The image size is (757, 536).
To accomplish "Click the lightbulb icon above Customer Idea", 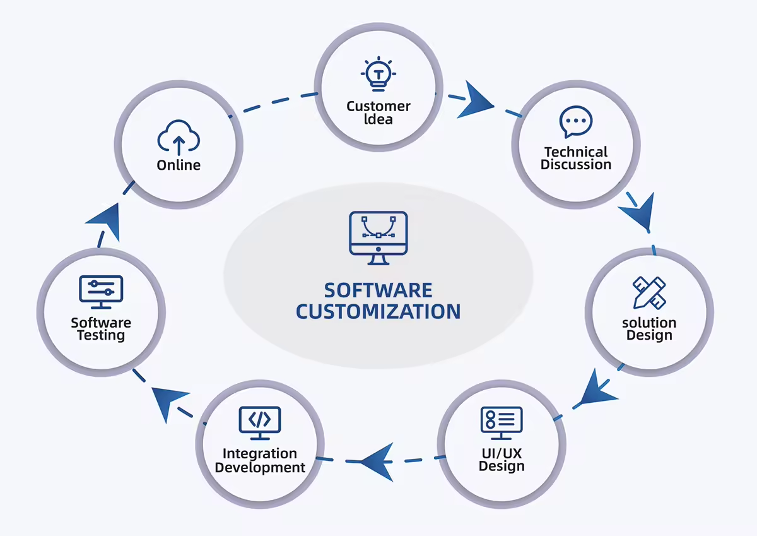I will coord(378,74).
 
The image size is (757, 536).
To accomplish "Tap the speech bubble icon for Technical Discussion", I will coord(576,122).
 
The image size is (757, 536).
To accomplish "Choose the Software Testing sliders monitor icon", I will coord(101,292).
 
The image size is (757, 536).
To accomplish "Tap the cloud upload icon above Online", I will coord(179,137).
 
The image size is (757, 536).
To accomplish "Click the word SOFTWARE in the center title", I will coord(378,290).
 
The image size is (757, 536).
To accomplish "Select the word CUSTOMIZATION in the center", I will coord(378,312).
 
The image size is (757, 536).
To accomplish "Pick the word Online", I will coord(179,165).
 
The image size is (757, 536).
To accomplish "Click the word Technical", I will coord(576,152).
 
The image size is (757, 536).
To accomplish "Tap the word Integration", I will coord(260,454).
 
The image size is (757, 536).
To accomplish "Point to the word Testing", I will coord(101,335).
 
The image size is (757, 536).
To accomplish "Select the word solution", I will coord(649,323).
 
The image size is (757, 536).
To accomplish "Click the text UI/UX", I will coord(502,453).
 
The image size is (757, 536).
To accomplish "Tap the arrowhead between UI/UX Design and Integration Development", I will coord(377,459).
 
